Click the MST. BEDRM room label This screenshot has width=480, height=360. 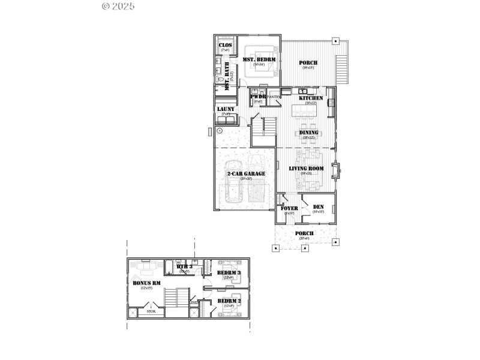click(259, 59)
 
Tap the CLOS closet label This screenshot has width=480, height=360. click(225, 46)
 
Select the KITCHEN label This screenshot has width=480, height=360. click(311, 98)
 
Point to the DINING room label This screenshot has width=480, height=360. click(308, 133)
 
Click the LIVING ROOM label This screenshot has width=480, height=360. click(306, 169)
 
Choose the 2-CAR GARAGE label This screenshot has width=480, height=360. click(245, 174)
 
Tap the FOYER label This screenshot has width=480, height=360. click(289, 208)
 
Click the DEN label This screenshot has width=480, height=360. click(318, 208)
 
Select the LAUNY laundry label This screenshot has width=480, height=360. click(226, 109)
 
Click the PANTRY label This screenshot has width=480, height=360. click(274, 97)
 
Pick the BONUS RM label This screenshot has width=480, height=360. click(146, 283)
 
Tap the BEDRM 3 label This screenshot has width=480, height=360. click(229, 273)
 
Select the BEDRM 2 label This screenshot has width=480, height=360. click(229, 301)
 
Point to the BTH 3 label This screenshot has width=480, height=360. click(184, 266)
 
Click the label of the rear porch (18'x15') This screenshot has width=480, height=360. click(308, 63)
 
